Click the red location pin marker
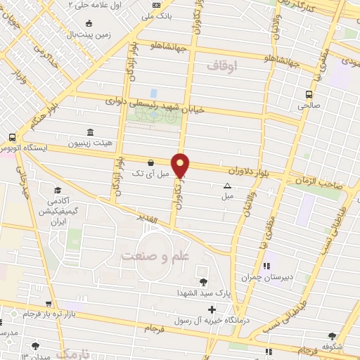coord(181,165)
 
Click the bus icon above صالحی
coord(309,94)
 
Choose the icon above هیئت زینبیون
coord(89,132)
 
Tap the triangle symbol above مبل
coord(227,186)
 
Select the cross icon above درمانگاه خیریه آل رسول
coord(212,309)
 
